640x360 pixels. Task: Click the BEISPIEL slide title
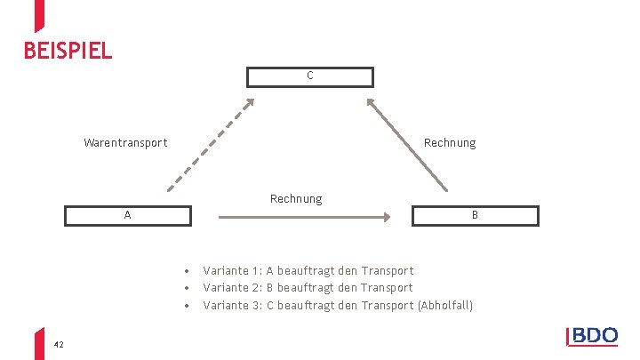click(68, 51)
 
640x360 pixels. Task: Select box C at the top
click(309, 76)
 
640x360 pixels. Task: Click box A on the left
click(128, 215)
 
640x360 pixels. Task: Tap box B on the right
click(475, 215)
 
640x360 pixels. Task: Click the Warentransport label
click(125, 142)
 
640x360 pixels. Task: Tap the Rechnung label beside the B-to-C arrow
click(450, 142)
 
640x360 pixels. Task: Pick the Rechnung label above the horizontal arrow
click(296, 198)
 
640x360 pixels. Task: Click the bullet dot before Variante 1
click(187, 271)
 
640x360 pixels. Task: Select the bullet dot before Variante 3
click(187, 307)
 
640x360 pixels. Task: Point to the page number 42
click(59, 343)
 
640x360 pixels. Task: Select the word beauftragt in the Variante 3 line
click(307, 306)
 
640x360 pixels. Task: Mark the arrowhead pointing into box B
click(388, 216)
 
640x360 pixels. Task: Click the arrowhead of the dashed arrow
click(251, 102)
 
